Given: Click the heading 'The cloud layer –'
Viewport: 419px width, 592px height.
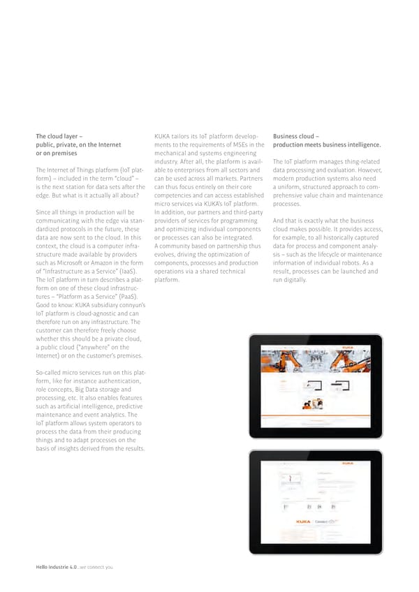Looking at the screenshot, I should click(60, 137).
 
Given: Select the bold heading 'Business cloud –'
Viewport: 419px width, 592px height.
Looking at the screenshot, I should click(297, 137).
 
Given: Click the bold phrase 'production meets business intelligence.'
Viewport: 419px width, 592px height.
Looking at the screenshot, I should click(327, 145).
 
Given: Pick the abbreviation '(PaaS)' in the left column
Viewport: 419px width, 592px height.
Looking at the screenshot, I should click(132, 296).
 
